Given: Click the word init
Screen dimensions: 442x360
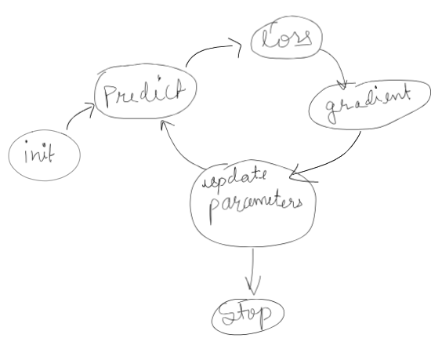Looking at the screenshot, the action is tap(39, 152).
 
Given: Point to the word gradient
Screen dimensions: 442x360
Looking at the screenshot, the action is tap(368, 104).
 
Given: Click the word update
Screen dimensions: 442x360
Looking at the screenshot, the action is tap(234, 179).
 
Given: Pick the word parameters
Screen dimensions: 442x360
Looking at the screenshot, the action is tap(255, 207).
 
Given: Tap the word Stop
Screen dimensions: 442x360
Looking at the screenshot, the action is tap(246, 315).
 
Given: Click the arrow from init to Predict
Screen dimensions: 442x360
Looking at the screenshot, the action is tap(78, 113).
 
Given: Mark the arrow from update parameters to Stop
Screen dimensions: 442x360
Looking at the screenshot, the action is tap(253, 271).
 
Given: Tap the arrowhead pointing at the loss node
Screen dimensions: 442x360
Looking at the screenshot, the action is tap(237, 45).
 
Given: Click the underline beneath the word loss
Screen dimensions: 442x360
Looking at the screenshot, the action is tap(301, 45).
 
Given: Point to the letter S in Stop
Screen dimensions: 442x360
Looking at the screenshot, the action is tap(230, 315).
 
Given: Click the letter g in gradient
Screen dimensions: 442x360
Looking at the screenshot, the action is tap(332, 111).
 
